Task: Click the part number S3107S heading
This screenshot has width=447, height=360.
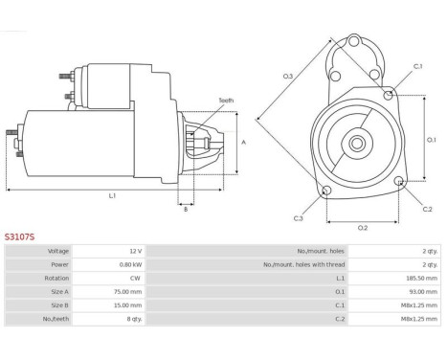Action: click(19, 236)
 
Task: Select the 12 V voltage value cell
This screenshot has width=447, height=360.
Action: click(136, 251)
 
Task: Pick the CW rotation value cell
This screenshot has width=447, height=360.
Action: click(135, 278)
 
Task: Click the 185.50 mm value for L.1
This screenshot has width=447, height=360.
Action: click(421, 278)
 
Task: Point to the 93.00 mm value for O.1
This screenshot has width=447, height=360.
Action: click(423, 292)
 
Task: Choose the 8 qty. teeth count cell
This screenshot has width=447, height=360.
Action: click(134, 319)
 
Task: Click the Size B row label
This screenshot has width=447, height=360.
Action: click(59, 305)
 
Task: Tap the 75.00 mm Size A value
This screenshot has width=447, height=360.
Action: click(127, 292)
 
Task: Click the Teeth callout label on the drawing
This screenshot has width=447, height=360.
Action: click(226, 101)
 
